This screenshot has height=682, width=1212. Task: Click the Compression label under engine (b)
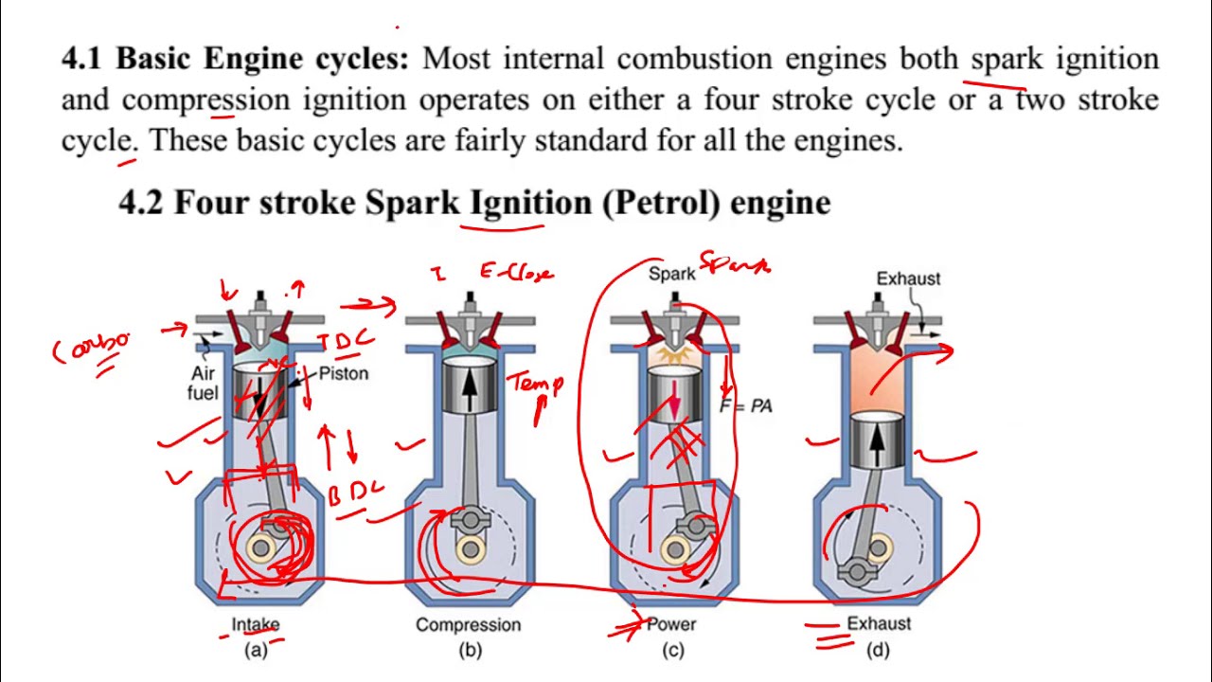pyautogui.click(x=468, y=625)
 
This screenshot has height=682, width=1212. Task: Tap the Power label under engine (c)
pyautogui.click(x=671, y=625)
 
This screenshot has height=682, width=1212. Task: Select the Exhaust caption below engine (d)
pyautogui.click(x=879, y=624)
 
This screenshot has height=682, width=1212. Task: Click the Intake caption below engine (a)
pyautogui.click(x=256, y=625)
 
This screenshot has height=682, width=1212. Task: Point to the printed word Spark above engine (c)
pyautogui.click(x=671, y=275)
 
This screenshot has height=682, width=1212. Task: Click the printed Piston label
pyautogui.click(x=343, y=373)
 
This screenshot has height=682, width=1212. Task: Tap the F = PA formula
pyautogui.click(x=746, y=406)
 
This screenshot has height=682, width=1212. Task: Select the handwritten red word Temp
pyautogui.click(x=537, y=384)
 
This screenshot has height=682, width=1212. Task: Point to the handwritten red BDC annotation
pyautogui.click(x=356, y=494)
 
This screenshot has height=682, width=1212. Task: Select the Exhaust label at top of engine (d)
pyautogui.click(x=908, y=278)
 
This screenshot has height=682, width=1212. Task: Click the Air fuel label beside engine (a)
pyautogui.click(x=204, y=384)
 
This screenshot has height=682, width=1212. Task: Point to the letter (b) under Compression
pyautogui.click(x=470, y=651)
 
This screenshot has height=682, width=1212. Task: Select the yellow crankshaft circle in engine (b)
pyautogui.click(x=470, y=547)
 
